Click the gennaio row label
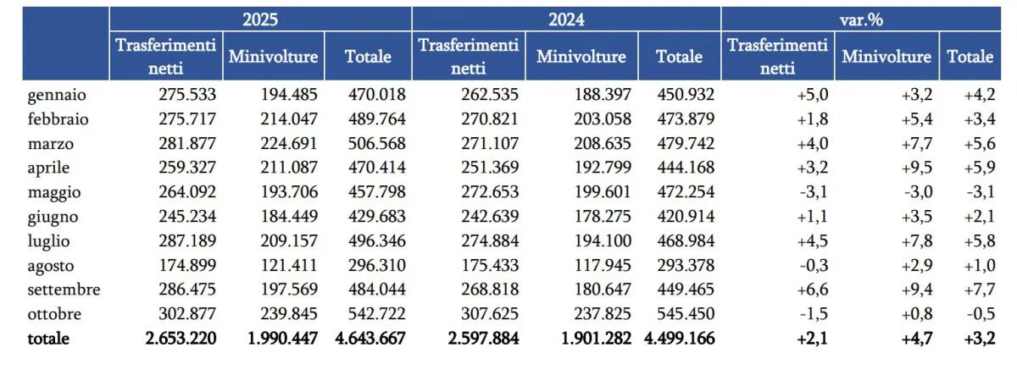(x=56, y=95)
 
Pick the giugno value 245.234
(x=187, y=217)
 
